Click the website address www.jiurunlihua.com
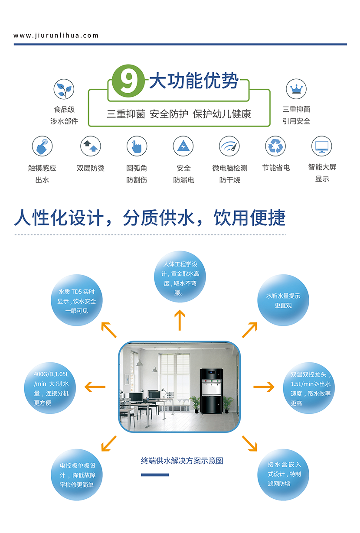pyautogui.click(x=56, y=36)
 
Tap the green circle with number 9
pyautogui.click(x=128, y=81)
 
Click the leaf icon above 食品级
pyautogui.click(x=64, y=89)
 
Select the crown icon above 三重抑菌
pyautogui.click(x=296, y=89)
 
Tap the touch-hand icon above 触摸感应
pyautogui.click(x=42, y=146)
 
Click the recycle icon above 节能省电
pyautogui.click(x=275, y=146)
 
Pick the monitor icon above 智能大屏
pyautogui.click(x=322, y=146)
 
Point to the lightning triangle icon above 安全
pyautogui.click(x=183, y=146)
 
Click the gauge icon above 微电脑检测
pyautogui.click(x=229, y=146)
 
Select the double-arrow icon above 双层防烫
pyautogui.click(x=91, y=146)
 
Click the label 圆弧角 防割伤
pyautogui.click(x=137, y=174)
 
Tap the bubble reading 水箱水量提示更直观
pyautogui.click(x=283, y=300)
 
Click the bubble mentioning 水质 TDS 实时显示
pyautogui.click(x=77, y=301)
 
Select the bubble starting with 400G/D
pyautogui.click(x=50, y=388)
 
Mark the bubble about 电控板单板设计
pyautogui.click(x=77, y=475)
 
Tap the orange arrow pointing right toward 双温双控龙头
pyautogui.click(x=264, y=386)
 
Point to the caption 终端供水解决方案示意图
pyautogui.click(x=182, y=461)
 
